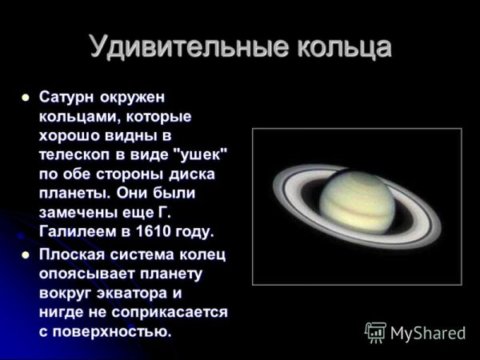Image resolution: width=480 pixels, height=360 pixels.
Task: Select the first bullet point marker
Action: pyautogui.click(x=25, y=98)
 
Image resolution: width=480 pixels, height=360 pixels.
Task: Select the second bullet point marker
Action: pyautogui.click(x=25, y=254)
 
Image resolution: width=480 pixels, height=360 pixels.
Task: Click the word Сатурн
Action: pyautogui.click(x=67, y=98)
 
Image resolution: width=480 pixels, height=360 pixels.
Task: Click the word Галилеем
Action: pyautogui.click(x=74, y=232)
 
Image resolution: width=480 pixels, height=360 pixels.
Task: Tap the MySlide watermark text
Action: pyautogui.click(x=428, y=332)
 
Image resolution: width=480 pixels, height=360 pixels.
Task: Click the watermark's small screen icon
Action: pyautogui.click(x=375, y=332)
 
